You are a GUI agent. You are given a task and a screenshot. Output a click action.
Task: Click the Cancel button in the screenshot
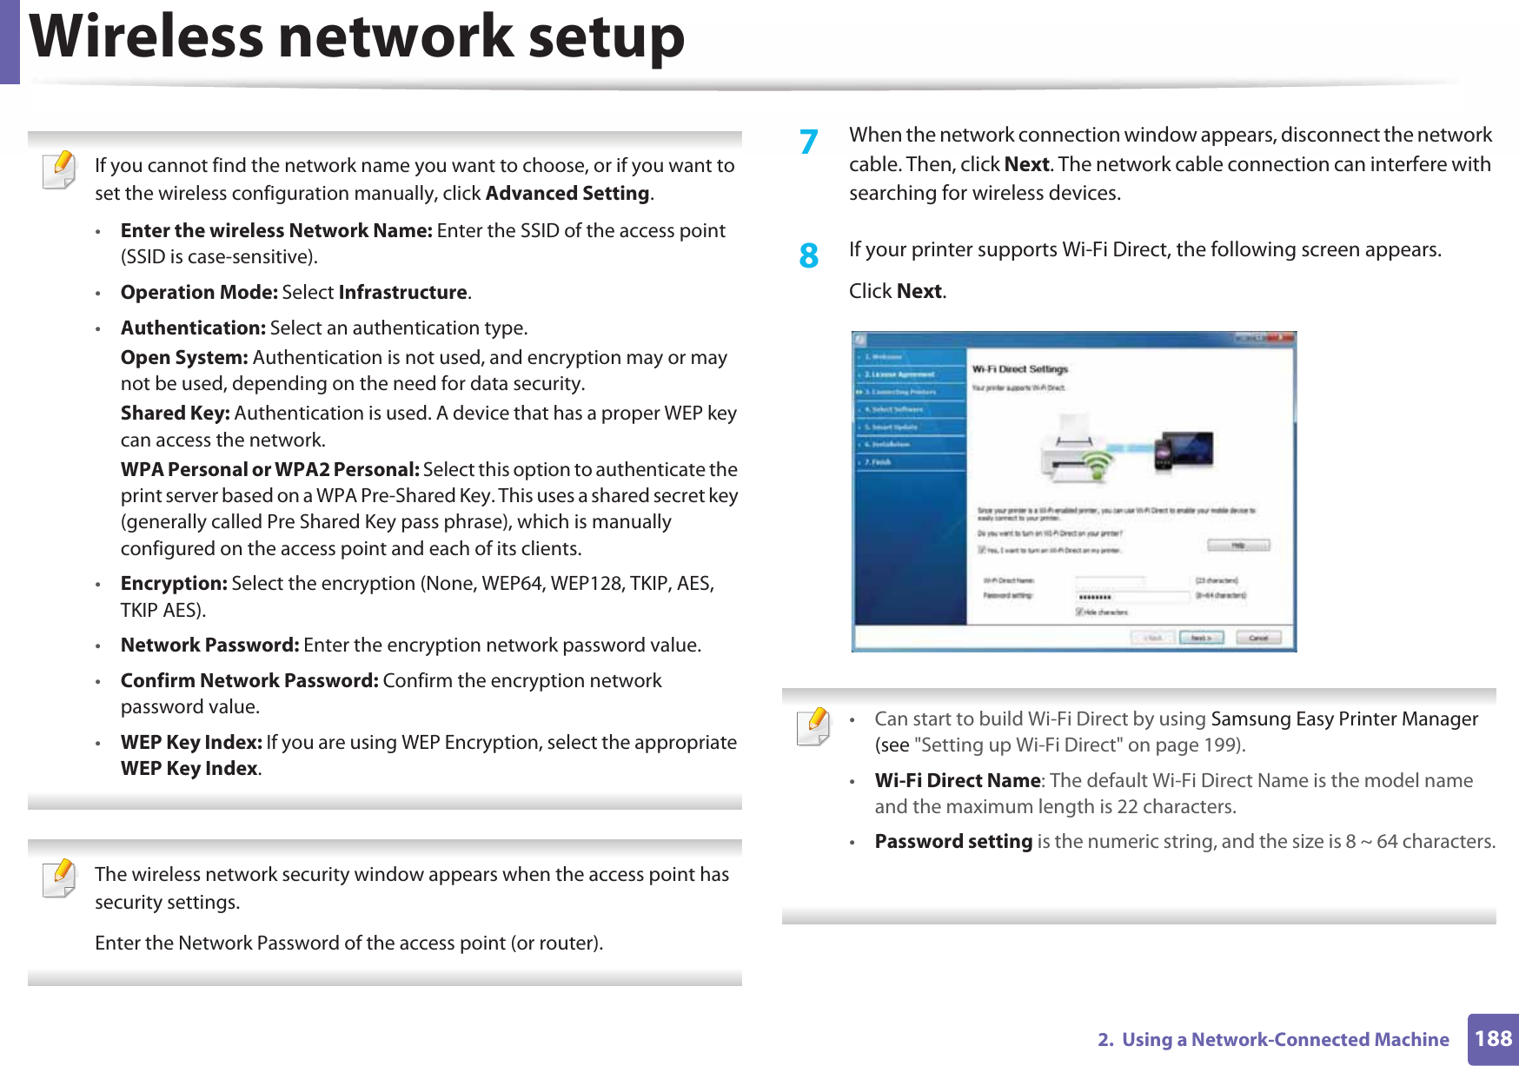pos(1257,638)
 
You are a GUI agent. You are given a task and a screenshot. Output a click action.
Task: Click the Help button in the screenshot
pos(1238,545)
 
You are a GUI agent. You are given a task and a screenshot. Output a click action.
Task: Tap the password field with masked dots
pos(1131,597)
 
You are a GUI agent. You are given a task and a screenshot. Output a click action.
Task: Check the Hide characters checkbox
pos(1080,612)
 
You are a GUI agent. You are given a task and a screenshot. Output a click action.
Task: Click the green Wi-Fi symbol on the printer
pos(1098,463)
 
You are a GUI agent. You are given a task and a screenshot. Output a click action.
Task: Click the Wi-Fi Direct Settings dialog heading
pos(1020,369)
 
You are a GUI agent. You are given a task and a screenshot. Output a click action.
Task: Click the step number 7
pos(809,142)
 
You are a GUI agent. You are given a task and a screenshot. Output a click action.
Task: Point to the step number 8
pos(809,256)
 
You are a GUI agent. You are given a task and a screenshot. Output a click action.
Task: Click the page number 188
pos(1493,1038)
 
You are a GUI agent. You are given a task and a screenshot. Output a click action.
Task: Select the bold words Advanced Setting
pos(567,193)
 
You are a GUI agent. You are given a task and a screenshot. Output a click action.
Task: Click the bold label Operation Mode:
pos(199,292)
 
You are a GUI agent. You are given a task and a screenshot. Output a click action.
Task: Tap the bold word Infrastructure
pos(402,292)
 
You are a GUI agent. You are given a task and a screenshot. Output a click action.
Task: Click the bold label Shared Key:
pos(175,413)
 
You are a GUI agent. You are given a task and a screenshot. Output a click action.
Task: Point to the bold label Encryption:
pos(174,583)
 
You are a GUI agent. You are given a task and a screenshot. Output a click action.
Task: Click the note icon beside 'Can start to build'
pos(813,726)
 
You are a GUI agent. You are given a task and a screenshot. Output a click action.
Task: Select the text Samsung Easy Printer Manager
pos(1344,718)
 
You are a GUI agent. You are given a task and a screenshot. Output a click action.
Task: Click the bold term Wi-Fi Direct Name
pos(957,780)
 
